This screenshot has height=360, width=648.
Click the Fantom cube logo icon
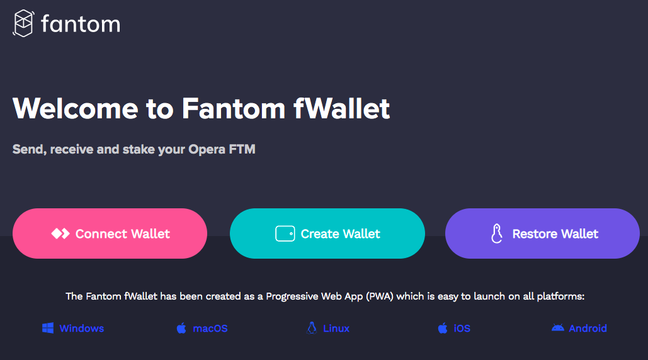[x=23, y=23]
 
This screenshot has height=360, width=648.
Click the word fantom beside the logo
[x=80, y=24]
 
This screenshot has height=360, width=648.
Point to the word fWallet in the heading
[x=342, y=108]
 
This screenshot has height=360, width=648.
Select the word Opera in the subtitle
[x=207, y=150]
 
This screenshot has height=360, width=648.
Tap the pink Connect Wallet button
[x=110, y=233]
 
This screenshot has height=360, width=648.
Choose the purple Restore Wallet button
[x=542, y=233]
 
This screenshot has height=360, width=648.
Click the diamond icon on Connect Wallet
[x=60, y=234]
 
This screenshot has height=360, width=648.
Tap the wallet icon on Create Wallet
[x=285, y=234]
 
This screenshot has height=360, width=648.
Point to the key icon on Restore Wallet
[x=497, y=234]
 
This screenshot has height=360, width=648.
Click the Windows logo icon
[x=48, y=328]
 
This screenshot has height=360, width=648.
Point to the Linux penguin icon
[x=311, y=328]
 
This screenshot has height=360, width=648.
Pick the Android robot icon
[x=557, y=328]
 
